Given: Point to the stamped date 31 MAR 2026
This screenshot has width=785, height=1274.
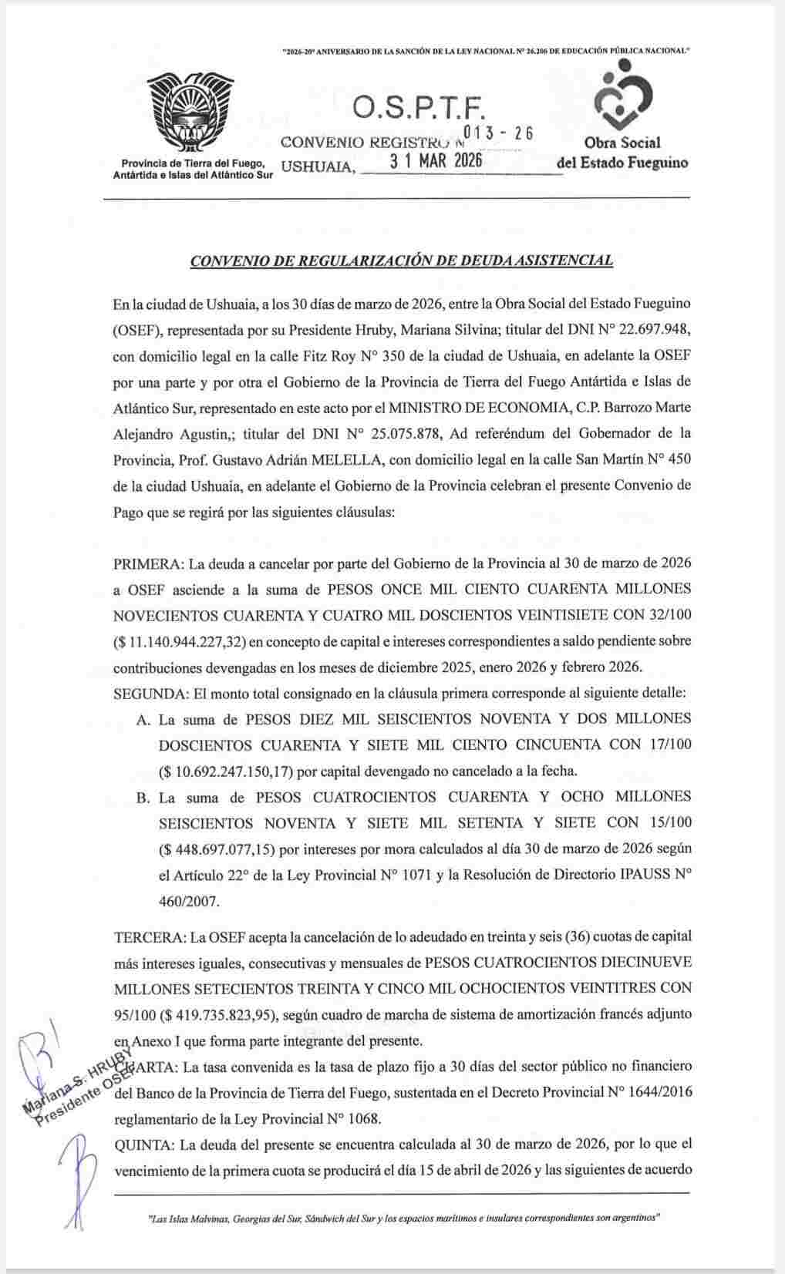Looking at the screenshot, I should pos(436,162).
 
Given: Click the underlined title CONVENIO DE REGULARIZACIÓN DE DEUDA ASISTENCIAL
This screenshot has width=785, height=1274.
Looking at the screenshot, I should pos(401,261).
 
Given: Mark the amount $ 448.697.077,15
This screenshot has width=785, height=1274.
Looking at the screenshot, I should pos(216,849).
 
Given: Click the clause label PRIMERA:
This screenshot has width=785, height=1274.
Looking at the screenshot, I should pos(144,563).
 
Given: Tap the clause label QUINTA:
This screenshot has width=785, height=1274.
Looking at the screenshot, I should pos(143,1145).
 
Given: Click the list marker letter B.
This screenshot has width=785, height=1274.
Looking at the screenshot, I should pos(143,798).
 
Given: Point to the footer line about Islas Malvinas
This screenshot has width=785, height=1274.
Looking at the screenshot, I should pos(401,1219).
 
